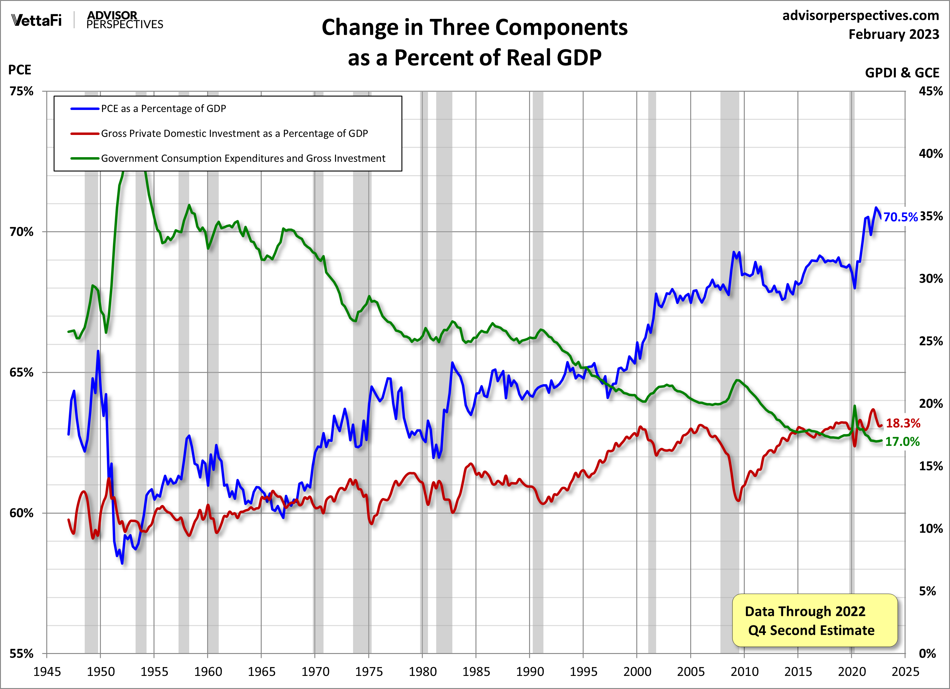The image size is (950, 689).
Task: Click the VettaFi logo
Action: (37, 20)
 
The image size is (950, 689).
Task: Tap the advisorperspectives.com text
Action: (860, 16)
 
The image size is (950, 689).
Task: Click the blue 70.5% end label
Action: (900, 217)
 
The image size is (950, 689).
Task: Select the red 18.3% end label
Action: (903, 423)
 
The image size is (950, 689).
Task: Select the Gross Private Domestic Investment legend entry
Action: (234, 134)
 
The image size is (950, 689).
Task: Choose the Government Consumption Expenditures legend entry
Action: (243, 158)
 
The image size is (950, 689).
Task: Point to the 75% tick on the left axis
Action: (21, 91)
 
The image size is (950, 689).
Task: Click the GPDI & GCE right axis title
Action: (902, 73)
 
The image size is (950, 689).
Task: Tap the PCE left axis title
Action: (20, 70)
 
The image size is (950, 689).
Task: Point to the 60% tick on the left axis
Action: (21, 513)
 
